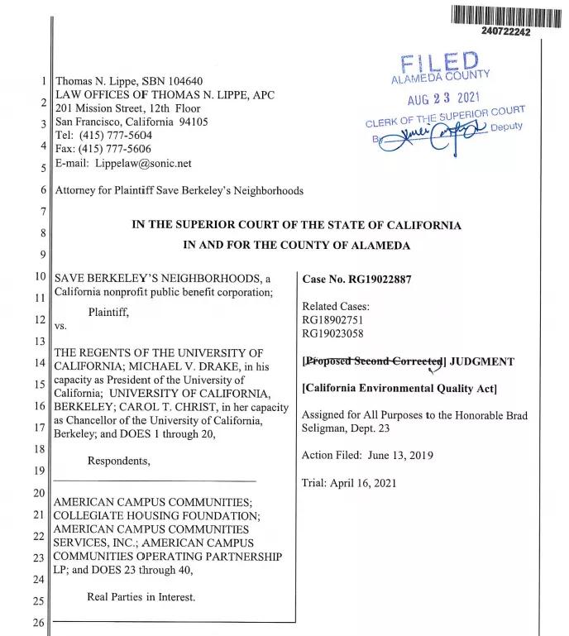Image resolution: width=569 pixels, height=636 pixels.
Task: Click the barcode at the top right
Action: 506,14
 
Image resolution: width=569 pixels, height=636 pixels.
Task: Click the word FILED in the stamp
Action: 439,63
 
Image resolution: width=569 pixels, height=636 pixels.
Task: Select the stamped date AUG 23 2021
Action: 444,99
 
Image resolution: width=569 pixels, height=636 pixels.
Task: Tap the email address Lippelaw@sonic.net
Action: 143,164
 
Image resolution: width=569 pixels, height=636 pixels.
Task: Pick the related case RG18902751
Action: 332,318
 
